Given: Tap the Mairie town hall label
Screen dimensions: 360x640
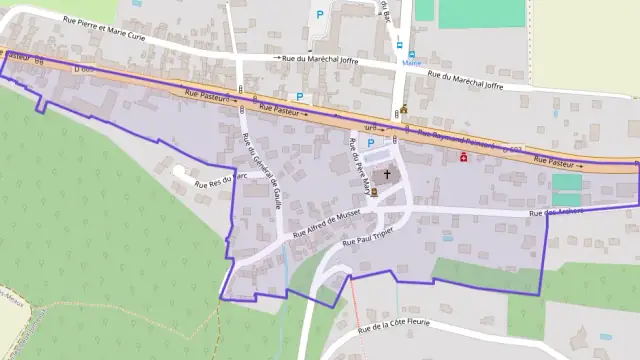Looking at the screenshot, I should point(410,62).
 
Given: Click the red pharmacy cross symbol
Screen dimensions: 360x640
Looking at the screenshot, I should point(463,157).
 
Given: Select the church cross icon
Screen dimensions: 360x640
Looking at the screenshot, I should point(388,174).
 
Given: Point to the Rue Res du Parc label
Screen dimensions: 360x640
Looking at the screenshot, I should point(220,182).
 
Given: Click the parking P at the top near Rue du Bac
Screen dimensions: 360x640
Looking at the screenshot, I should point(320,14).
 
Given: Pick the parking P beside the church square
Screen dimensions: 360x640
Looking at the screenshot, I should point(370,144).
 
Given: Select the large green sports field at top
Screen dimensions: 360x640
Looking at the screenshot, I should point(481,12).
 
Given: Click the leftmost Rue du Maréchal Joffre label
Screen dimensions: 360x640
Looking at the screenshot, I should point(316,59).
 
